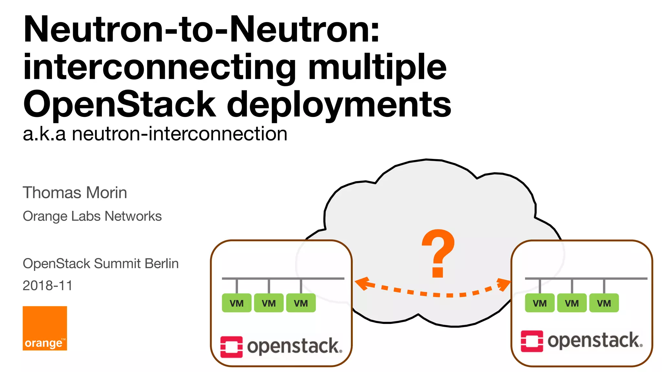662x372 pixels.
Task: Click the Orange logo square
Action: pyautogui.click(x=45, y=328)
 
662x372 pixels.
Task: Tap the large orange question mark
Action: pyautogui.click(x=438, y=253)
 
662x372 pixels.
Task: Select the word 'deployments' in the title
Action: pyautogui.click(x=339, y=105)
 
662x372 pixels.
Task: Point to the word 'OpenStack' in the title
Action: pyautogui.click(x=119, y=105)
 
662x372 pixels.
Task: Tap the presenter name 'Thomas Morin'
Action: pyautogui.click(x=75, y=193)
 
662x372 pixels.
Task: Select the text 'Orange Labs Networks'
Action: pyautogui.click(x=92, y=216)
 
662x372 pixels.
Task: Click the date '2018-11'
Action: pyautogui.click(x=48, y=285)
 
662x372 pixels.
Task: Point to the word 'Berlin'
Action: pyautogui.click(x=162, y=263)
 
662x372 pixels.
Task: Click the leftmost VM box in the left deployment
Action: pyautogui.click(x=237, y=303)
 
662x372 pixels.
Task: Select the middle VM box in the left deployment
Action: pyautogui.click(x=269, y=303)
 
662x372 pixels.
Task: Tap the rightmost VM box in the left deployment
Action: pyautogui.click(x=301, y=303)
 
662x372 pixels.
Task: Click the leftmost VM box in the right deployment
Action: pyautogui.click(x=539, y=303)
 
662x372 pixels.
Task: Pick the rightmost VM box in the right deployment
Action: pyautogui.click(x=604, y=303)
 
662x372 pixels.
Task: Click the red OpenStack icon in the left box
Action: pyautogui.click(x=231, y=347)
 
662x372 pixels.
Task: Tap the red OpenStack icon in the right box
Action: pyautogui.click(x=532, y=341)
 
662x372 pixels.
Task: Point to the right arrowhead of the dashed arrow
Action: pyautogui.click(x=504, y=284)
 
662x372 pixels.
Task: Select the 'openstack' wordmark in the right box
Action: pyautogui.click(x=595, y=341)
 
